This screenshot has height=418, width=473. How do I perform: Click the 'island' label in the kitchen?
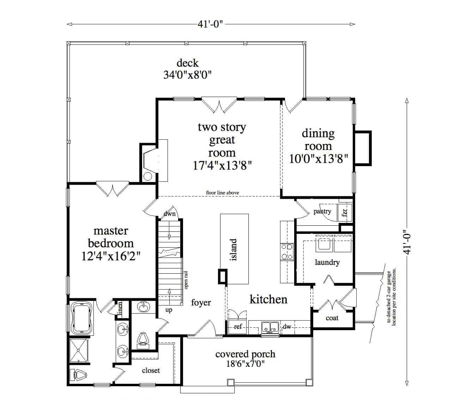234,250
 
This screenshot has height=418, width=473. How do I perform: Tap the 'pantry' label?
322,211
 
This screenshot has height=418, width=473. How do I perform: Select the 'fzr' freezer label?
345,213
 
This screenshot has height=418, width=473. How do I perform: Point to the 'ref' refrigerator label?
238,327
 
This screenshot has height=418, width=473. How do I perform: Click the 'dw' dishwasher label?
287,327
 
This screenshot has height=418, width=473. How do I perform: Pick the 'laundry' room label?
327,262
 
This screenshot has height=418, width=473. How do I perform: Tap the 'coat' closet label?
332,318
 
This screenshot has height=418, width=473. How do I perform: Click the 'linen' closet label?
120,307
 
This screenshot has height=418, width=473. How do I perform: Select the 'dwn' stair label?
170,213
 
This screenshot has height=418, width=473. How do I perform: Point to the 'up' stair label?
169,310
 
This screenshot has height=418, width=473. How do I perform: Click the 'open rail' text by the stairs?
186,279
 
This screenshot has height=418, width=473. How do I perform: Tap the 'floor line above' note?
222,193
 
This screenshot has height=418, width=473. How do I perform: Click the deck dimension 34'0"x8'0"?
187,75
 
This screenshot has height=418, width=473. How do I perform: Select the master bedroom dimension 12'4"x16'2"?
111,256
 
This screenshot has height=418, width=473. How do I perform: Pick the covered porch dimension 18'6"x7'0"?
245,364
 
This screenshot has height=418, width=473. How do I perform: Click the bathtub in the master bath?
82,319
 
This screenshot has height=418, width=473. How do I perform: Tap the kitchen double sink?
270,327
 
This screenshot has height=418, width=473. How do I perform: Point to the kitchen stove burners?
287,251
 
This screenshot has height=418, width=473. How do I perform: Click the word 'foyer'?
201,302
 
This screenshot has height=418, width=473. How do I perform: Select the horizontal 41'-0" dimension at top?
211,24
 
